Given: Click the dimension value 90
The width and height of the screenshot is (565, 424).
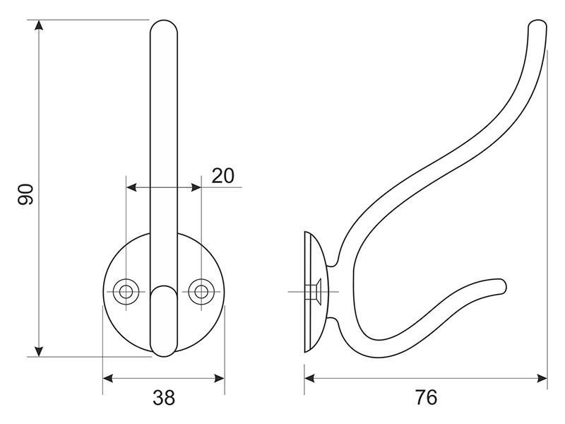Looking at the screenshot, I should (26, 194).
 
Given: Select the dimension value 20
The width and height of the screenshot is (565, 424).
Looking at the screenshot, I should (222, 175).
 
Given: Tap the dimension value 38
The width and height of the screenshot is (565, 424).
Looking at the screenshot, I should (164, 398).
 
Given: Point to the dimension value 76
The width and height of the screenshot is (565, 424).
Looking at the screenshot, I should (426, 398).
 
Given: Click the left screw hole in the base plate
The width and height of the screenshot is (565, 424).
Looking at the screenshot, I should (126, 290).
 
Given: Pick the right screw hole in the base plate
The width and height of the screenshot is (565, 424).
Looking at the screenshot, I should (201, 290).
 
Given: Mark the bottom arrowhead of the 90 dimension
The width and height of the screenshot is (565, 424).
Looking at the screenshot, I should (40, 352).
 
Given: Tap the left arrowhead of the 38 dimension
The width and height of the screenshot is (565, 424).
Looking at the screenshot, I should (107, 379).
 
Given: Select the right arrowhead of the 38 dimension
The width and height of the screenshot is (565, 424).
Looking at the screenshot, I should (220, 379).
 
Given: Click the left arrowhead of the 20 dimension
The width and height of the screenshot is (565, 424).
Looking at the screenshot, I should (130, 187).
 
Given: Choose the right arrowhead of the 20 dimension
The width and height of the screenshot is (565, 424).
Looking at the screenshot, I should (197, 187).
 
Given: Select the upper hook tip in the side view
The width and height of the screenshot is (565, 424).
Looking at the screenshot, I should (538, 27).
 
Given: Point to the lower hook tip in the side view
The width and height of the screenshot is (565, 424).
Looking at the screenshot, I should (501, 285).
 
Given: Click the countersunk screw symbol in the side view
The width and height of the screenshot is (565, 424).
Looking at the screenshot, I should (315, 290).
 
